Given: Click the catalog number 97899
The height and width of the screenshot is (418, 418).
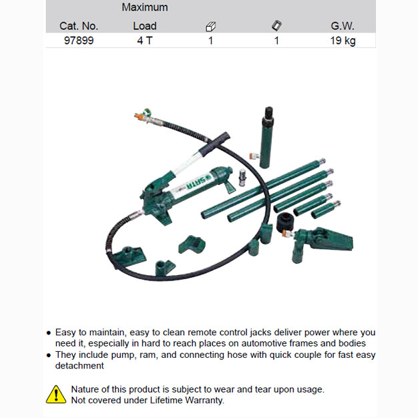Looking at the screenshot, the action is click(x=79, y=41).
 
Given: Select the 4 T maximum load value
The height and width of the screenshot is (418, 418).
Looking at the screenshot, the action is click(x=145, y=41).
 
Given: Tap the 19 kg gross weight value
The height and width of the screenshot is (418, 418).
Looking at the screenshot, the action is click(x=343, y=41).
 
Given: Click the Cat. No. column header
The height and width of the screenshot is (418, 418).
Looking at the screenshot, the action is click(x=79, y=26).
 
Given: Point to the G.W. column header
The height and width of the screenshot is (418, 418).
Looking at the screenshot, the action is click(x=343, y=26).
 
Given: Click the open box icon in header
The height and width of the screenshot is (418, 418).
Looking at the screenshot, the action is click(x=210, y=27).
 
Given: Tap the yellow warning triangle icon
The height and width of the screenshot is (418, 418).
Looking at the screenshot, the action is click(x=56, y=394).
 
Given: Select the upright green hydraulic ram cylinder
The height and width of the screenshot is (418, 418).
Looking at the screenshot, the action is click(x=266, y=138).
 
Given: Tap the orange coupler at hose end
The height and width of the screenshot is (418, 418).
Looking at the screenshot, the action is click(x=139, y=116).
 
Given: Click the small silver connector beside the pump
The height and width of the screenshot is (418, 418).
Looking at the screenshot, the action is click(x=242, y=177).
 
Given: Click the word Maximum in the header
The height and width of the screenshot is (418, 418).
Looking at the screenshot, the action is click(x=145, y=7).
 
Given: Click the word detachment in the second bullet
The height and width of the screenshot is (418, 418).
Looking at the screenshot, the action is click(x=79, y=365).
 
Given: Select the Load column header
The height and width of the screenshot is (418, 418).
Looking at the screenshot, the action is click(x=145, y=26).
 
